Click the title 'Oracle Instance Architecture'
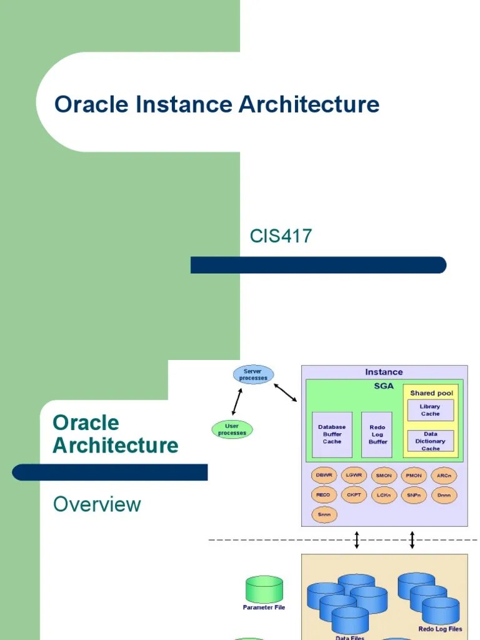pyautogui.click(x=216, y=104)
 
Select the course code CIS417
pyautogui.click(x=281, y=236)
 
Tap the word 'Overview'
pyautogui.click(x=97, y=504)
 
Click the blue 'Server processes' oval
pyautogui.click(x=252, y=375)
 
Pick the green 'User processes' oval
pyautogui.click(x=232, y=429)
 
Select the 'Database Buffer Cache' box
pyautogui.click(x=332, y=434)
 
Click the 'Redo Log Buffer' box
pyautogui.click(x=377, y=434)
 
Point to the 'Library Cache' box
pyautogui.click(x=430, y=410)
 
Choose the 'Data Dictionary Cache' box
pyautogui.click(x=430, y=441)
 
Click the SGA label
pyautogui.click(x=384, y=386)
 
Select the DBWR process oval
pyautogui.click(x=324, y=476)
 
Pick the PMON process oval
pyautogui.click(x=414, y=476)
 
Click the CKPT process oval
pyautogui.click(x=353, y=495)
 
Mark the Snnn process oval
pyautogui.click(x=324, y=514)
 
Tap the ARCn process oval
pyautogui.click(x=444, y=476)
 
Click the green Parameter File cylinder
pyautogui.click(x=264, y=590)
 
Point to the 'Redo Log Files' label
pyautogui.click(x=440, y=629)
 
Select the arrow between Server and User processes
pyautogui.click(x=237, y=402)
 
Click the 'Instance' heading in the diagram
pyautogui.click(x=384, y=372)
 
